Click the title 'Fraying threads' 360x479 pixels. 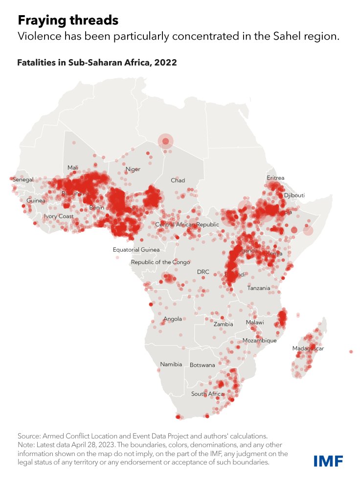pyautogui.click(x=68, y=20)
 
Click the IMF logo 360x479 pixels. pyautogui.click(x=328, y=460)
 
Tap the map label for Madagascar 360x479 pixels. pyautogui.click(x=308, y=348)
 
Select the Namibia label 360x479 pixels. pyautogui.click(x=171, y=364)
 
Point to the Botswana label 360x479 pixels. pyautogui.click(x=202, y=365)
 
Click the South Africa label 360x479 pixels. pyautogui.click(x=207, y=394)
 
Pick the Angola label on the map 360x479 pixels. pyautogui.click(x=173, y=319)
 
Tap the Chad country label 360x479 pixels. pyautogui.click(x=178, y=180)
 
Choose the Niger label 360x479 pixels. pyautogui.click(x=133, y=169)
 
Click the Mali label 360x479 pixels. pyautogui.click(x=73, y=168)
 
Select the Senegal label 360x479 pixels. pyautogui.click(x=22, y=180)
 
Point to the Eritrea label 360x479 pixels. pyautogui.click(x=275, y=178)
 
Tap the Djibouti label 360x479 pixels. pyautogui.click(x=294, y=195)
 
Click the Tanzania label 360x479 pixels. pyautogui.click(x=258, y=288)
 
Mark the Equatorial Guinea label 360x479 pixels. pyautogui.click(x=136, y=250)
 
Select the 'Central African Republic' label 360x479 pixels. pyautogui.click(x=187, y=224)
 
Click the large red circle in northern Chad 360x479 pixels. pyautogui.click(x=165, y=142)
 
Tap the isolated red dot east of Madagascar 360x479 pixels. pyautogui.click(x=351, y=351)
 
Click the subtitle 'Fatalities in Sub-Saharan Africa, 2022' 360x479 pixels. pyautogui.click(x=97, y=63)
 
